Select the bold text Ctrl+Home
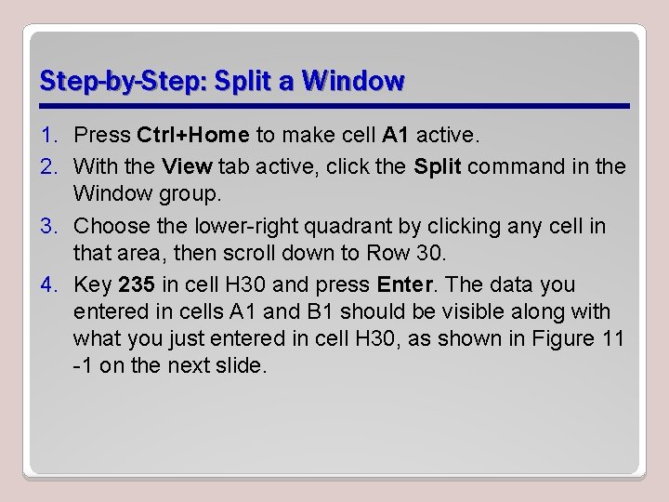pos(192,136)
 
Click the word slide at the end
pos(244,365)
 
